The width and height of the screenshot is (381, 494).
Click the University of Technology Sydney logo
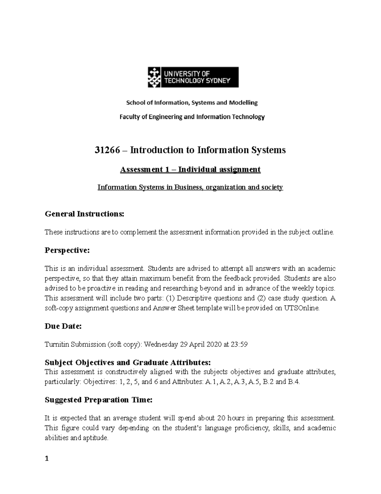[193, 77]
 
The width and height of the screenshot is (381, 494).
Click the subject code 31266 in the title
[107, 150]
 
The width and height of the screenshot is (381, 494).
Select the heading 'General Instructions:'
[84, 214]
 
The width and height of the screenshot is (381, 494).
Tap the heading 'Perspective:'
[67, 250]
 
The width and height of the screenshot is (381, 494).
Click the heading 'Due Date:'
[63, 326]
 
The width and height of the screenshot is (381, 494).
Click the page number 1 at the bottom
[47, 459]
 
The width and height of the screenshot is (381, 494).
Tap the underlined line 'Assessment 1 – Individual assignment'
[190, 170]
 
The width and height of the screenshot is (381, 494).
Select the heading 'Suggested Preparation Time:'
[98, 400]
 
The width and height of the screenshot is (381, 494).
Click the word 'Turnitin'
[57, 344]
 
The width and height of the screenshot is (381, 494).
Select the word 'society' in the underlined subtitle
[272, 187]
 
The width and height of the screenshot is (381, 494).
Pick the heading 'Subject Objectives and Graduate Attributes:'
[128, 363]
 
